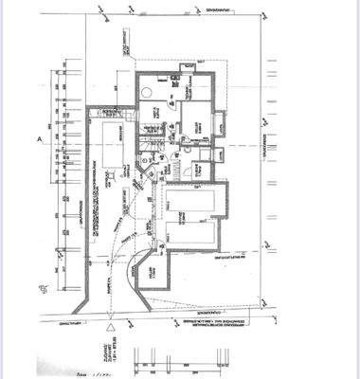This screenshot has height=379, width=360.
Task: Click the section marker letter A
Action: tap(40, 138)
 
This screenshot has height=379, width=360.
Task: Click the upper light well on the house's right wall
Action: tap(218, 122)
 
